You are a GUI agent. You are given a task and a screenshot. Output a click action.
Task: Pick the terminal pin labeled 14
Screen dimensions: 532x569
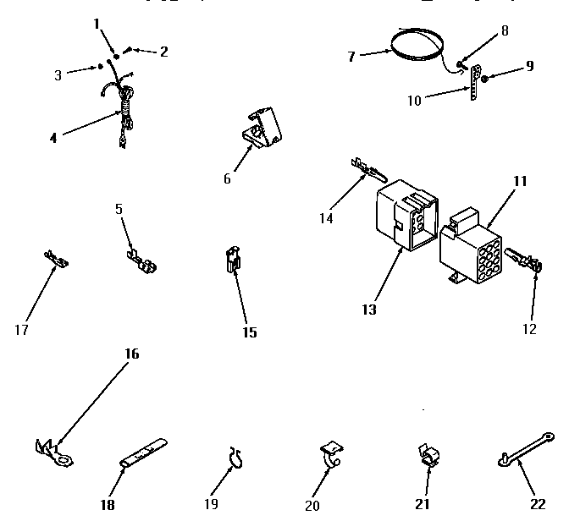[x=366, y=172]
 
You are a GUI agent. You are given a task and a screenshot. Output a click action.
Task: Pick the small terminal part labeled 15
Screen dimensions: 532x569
[x=231, y=260]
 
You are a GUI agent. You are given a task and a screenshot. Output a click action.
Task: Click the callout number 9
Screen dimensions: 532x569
[x=529, y=65]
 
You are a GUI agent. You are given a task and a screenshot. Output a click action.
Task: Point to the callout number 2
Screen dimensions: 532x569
[x=163, y=51]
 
